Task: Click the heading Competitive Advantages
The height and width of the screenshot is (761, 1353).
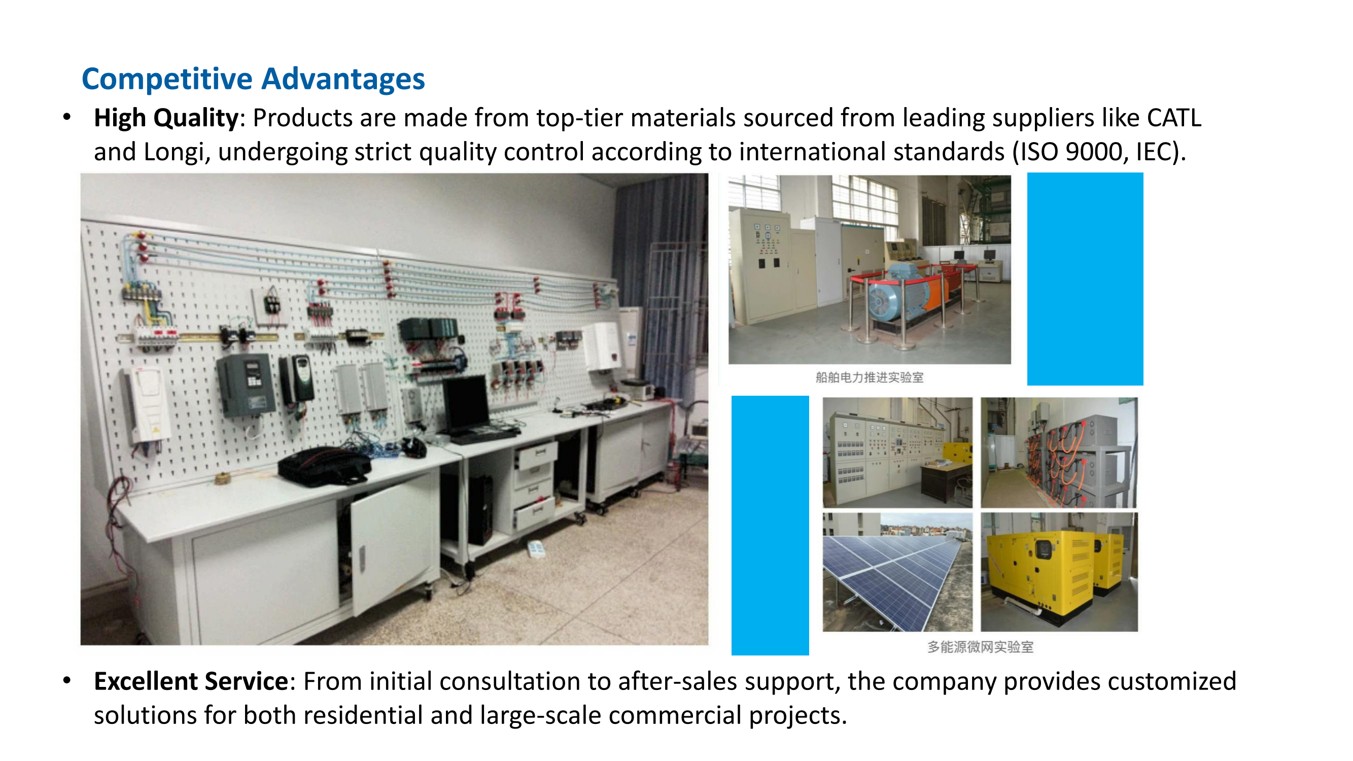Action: point(253,79)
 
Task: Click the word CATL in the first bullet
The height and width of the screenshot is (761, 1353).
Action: point(1173,118)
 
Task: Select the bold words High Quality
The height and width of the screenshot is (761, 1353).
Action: point(166,118)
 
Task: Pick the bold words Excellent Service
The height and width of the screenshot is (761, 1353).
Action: point(191,681)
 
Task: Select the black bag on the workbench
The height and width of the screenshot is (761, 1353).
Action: point(324,465)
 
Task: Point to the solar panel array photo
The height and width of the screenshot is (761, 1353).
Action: point(897,572)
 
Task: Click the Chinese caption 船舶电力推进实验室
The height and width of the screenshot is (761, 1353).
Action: point(869,377)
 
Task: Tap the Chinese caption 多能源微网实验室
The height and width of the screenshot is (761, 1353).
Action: point(980,647)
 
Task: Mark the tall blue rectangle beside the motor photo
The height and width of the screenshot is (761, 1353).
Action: point(1085,279)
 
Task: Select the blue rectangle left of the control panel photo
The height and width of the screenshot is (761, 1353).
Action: point(770,525)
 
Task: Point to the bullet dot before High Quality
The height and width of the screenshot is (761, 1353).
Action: point(66,118)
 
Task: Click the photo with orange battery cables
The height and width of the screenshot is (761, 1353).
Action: point(1059,453)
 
